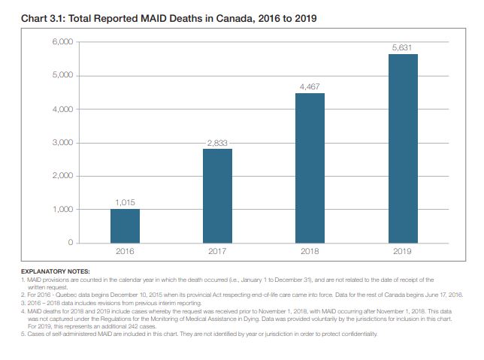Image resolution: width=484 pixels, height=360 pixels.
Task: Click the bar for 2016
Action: (125, 225)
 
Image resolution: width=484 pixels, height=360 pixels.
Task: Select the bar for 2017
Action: (217, 195)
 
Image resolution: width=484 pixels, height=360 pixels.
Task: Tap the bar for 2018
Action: (310, 168)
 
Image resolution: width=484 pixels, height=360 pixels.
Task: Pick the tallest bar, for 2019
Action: (403, 148)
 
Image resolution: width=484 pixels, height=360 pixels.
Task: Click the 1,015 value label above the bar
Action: (125, 202)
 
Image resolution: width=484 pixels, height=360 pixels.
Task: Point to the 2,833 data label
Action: (217, 142)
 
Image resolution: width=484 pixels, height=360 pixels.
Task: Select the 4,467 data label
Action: (310, 87)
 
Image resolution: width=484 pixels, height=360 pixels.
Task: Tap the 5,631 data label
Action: (403, 47)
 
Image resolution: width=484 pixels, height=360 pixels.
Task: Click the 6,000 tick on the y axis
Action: (62, 42)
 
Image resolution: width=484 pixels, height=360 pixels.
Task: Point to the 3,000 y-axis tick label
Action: (62, 142)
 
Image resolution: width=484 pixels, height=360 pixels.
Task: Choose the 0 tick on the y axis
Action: (70, 243)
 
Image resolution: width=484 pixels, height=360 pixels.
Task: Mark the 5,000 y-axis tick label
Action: (62, 76)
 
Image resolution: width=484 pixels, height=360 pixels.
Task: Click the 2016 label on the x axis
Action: (125, 251)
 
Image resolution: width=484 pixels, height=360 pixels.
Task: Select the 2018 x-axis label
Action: (310, 251)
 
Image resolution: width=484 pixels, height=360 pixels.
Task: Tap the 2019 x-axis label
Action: (403, 251)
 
